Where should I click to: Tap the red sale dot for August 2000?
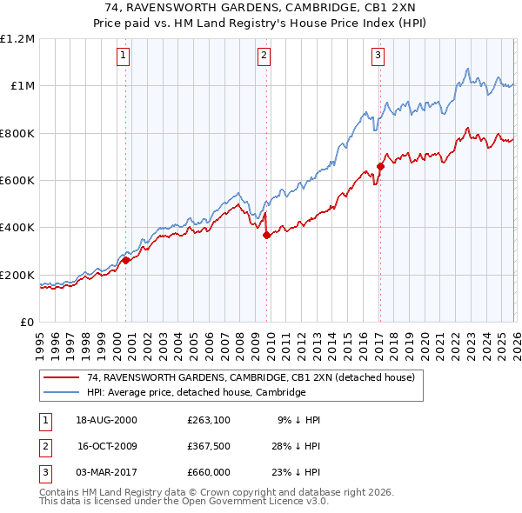(126, 260)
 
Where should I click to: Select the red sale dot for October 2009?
(266, 235)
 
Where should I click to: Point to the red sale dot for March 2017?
(380, 166)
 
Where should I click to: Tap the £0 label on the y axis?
(26, 323)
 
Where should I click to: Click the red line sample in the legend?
(62, 378)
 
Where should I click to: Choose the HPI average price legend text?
(197, 393)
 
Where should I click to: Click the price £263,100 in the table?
(209, 420)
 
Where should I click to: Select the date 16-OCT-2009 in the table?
(108, 446)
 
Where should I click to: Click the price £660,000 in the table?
(209, 472)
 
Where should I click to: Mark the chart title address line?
(261, 6)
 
